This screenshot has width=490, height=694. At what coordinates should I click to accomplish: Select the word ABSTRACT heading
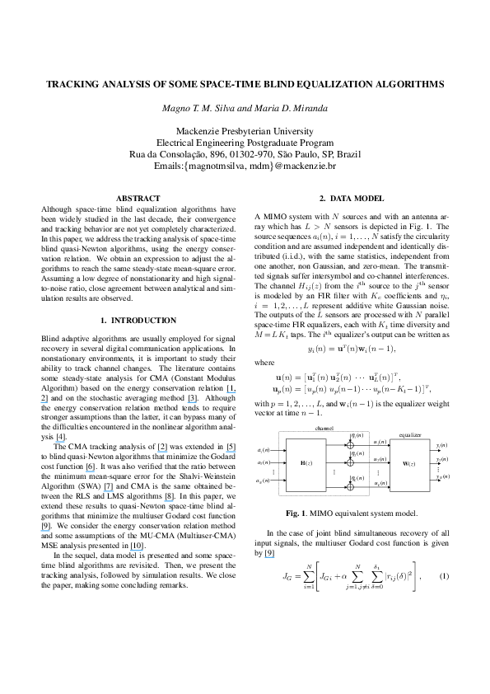tap(134, 199)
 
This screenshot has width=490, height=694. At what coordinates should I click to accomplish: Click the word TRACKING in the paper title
tap(72, 84)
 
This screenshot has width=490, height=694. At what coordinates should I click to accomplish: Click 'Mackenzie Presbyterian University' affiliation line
tap(245, 131)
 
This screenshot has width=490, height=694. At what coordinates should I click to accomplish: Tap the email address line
tap(245, 166)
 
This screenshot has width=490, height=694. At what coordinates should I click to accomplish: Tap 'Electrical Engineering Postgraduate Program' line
tap(245, 143)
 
